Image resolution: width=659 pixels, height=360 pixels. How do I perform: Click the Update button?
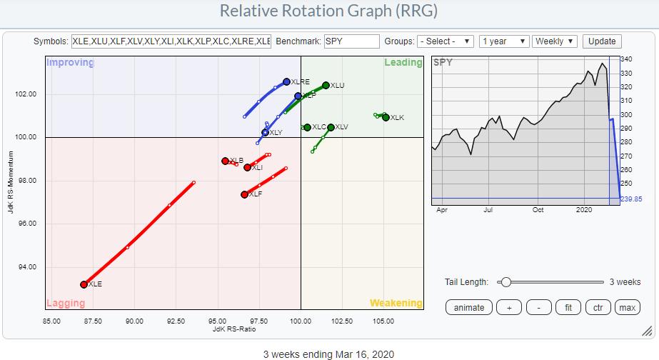tap(603, 41)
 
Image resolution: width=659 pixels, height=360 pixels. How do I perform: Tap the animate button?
tap(469, 307)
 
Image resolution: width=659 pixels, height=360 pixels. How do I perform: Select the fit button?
tap(568, 307)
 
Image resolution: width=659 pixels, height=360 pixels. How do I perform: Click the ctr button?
tap(598, 307)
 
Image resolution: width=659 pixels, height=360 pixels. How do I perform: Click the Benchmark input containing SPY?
tap(351, 41)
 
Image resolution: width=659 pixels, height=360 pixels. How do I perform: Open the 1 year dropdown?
tap(503, 41)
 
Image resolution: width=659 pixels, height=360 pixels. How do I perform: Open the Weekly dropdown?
tap(554, 41)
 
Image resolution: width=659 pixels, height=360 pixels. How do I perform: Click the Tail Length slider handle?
tap(505, 282)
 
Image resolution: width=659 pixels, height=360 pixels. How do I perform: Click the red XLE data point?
tap(84, 284)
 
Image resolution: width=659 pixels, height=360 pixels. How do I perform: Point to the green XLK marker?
tap(386, 117)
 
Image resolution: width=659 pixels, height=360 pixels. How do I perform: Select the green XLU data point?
tap(326, 85)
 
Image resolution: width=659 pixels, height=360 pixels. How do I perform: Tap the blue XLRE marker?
tap(286, 82)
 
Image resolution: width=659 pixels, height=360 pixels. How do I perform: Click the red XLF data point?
tap(244, 194)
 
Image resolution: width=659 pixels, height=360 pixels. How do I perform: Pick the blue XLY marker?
tap(265, 133)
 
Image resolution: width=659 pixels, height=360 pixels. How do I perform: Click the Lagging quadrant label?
tap(66, 303)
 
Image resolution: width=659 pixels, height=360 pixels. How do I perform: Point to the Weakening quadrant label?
tap(396, 303)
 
